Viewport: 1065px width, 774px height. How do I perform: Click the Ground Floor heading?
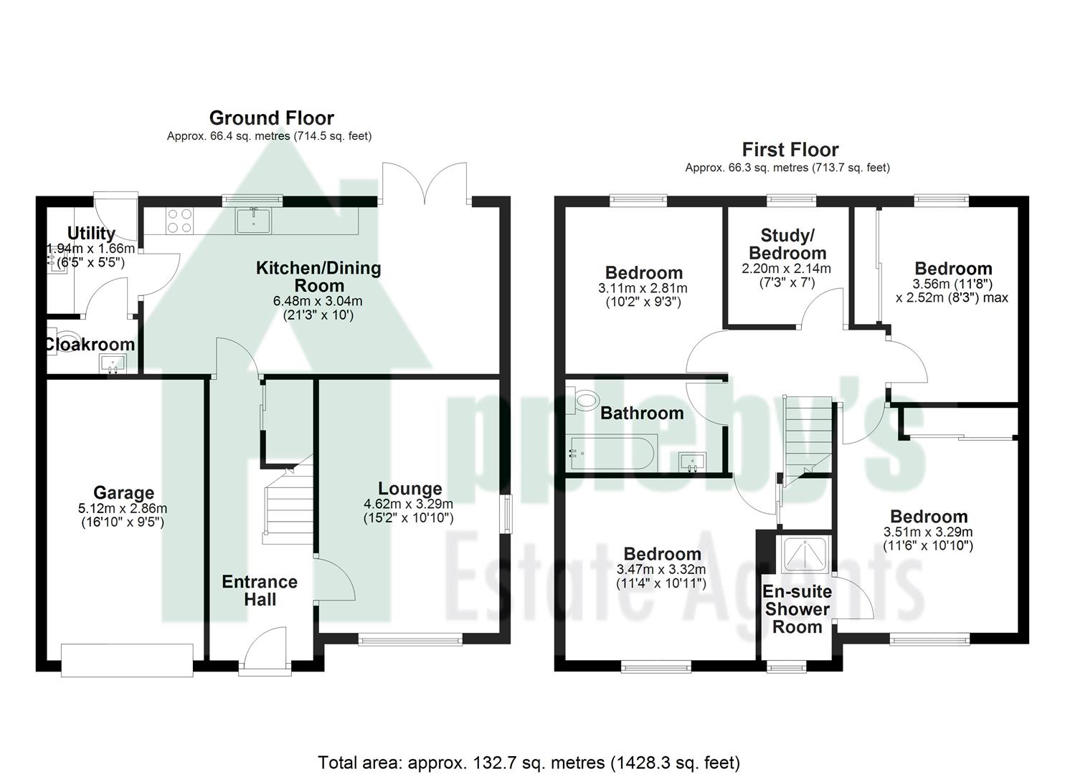(271, 118)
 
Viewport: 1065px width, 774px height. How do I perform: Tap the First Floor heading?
(790, 150)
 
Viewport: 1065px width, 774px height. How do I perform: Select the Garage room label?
(123, 493)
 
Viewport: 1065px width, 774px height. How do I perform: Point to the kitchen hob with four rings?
(179, 220)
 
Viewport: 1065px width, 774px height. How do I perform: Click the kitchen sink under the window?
(253, 221)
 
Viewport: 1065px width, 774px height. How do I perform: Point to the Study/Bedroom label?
(787, 244)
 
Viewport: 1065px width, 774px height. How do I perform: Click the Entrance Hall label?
(260, 591)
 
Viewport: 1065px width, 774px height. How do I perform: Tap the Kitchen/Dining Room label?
(318, 277)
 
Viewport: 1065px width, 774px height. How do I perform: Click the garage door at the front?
(127, 660)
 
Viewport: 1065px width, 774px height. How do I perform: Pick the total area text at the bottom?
(529, 762)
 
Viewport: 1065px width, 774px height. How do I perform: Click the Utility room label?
(91, 233)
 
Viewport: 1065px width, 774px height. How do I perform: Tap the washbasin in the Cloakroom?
(112, 365)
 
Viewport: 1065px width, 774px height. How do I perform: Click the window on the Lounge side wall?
(506, 513)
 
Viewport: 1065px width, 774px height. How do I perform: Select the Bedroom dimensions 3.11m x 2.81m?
(643, 288)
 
